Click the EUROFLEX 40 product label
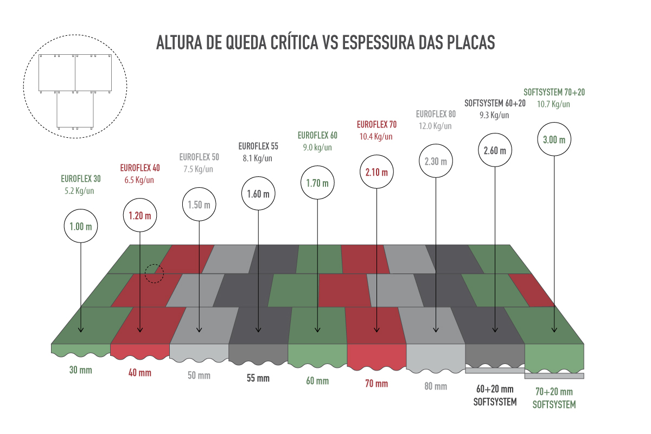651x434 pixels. (x=140, y=168)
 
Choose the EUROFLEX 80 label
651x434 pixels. (x=436, y=114)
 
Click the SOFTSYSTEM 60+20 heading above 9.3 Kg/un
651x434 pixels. (x=495, y=103)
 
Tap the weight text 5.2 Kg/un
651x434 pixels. (x=79, y=191)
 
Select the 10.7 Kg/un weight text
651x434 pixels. (x=553, y=104)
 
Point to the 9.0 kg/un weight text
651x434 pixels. (x=317, y=148)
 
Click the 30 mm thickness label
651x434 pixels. (x=80, y=370)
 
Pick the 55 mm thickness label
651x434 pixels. (x=258, y=378)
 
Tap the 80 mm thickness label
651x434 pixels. (x=436, y=386)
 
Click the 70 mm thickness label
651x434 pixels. (x=376, y=384)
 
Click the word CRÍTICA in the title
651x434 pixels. (x=295, y=42)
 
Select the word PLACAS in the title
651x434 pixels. (x=471, y=42)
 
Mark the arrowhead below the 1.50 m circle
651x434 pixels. (x=199, y=330)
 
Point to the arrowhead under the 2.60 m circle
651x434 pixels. (x=495, y=330)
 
